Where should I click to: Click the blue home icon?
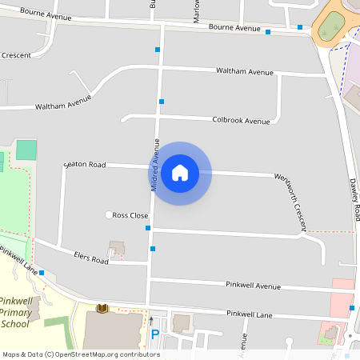(180, 173)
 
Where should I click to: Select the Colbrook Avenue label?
(242, 120)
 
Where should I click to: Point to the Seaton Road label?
(85, 165)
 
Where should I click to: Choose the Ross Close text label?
(130, 215)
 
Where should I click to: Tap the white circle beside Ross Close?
(109, 214)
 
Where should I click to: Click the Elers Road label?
(90, 259)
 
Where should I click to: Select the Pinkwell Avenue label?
(253, 285)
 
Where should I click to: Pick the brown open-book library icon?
(102, 308)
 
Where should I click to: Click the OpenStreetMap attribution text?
(81, 354)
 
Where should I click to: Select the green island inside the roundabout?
(330, 29)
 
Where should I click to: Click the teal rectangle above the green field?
(26, 150)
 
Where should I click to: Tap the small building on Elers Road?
(118, 248)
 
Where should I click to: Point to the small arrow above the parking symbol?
(151, 320)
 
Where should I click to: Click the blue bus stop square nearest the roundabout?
(300, 27)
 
